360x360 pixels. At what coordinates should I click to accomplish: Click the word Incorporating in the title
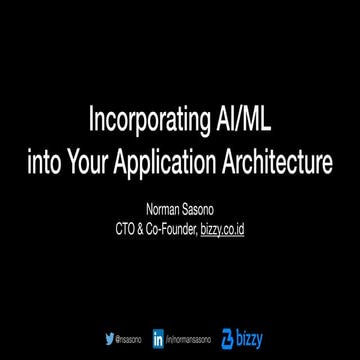pyautogui.click(x=145, y=123)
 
